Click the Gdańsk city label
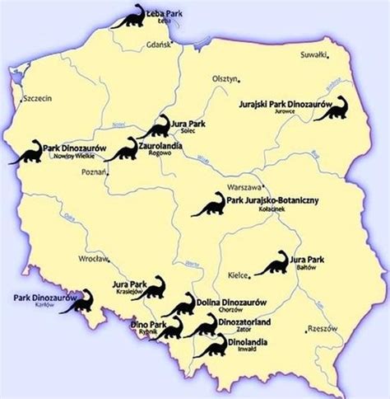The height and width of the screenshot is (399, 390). pyautogui.click(x=158, y=45)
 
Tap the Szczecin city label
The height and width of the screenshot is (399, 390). pyautogui.click(x=38, y=97)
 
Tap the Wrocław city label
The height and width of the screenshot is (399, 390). pyautogui.click(x=91, y=258)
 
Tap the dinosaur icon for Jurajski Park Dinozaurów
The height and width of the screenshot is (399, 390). pyautogui.click(x=330, y=108)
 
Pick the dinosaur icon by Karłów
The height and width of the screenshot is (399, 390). pyautogui.click(x=77, y=302)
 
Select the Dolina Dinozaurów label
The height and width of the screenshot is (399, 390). pyautogui.click(x=226, y=303)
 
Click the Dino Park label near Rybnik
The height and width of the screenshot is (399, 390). pyautogui.click(x=145, y=325)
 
